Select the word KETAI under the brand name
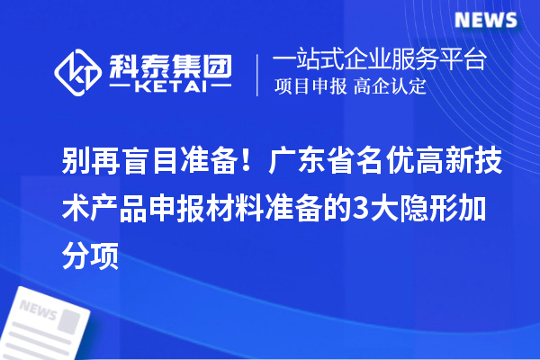pos(170,87)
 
